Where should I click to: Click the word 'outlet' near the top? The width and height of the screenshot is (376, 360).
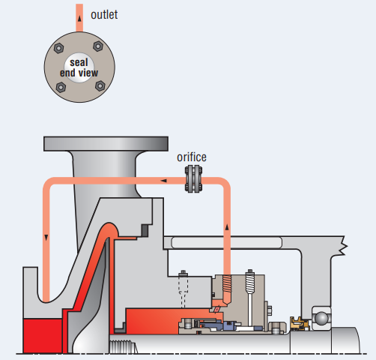(103, 14)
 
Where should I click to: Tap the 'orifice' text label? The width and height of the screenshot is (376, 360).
(192, 157)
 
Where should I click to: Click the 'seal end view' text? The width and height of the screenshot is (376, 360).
(79, 67)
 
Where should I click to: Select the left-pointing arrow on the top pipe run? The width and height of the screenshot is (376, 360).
(163, 180)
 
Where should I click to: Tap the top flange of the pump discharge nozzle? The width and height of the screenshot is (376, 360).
(106, 142)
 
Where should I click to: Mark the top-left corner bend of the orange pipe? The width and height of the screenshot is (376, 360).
(49, 184)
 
